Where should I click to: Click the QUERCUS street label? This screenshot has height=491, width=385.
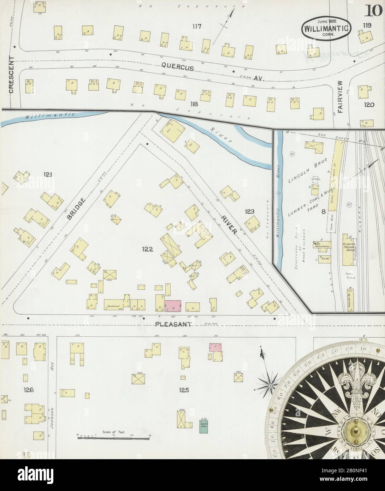coord(178,66)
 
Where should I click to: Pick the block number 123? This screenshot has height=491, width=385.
coord(249,212)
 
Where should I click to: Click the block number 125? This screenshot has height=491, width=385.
coord(184,390)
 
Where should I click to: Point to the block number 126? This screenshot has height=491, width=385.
coord(28,390)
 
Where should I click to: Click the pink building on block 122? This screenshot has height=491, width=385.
coord(173,306)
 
